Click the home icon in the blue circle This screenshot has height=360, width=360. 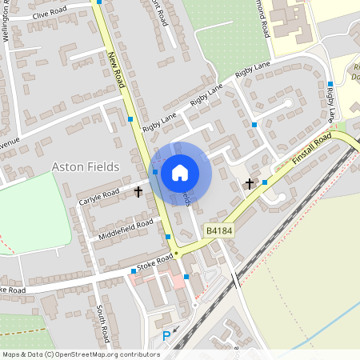point(180,172)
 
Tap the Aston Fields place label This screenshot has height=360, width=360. point(85,166)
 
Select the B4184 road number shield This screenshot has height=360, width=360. point(218,230)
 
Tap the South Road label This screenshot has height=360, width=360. point(102,320)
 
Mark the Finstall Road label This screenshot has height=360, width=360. point(311,150)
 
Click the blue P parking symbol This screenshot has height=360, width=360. point(166,336)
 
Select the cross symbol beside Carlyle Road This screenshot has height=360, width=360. point(138,192)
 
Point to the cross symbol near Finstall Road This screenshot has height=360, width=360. point(249,184)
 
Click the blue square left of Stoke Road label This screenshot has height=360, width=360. point(133,271)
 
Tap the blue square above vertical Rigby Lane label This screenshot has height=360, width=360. point(330,84)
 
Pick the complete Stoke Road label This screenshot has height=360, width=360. point(155,262)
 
